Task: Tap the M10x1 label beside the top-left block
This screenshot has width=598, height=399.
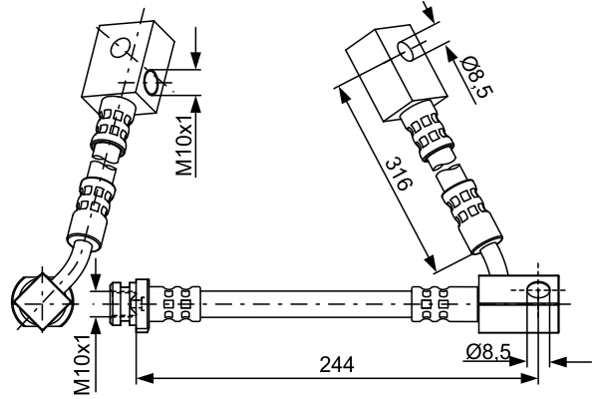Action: click(186, 146)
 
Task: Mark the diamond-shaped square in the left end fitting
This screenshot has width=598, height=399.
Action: click(40, 298)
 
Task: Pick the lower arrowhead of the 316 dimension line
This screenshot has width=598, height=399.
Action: click(431, 266)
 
